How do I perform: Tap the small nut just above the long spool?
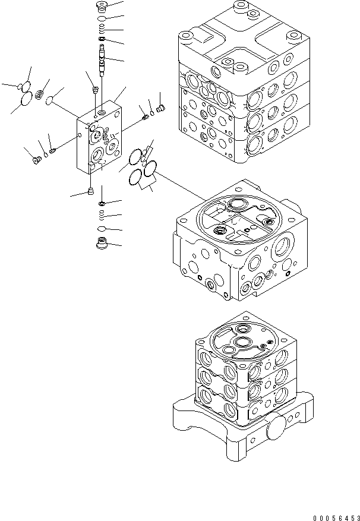click(x=103, y=40)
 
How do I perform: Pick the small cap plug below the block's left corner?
click(x=90, y=191)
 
